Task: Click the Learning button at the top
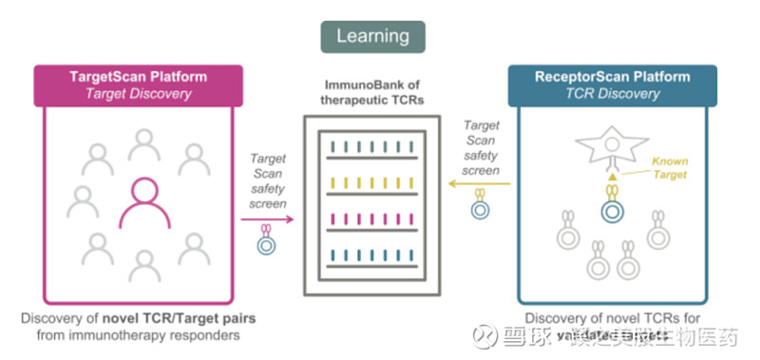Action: [x=372, y=36]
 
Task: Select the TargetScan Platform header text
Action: [x=140, y=77]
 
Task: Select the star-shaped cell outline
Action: [x=607, y=143]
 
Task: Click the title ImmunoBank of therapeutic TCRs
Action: [x=371, y=94]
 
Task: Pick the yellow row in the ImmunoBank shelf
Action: [x=371, y=181]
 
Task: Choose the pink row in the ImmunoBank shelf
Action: [x=371, y=218]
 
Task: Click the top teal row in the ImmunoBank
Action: [x=371, y=144]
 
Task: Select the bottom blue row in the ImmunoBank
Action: [x=371, y=256]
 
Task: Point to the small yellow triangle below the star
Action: [x=612, y=177]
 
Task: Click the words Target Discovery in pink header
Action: [x=140, y=93]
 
